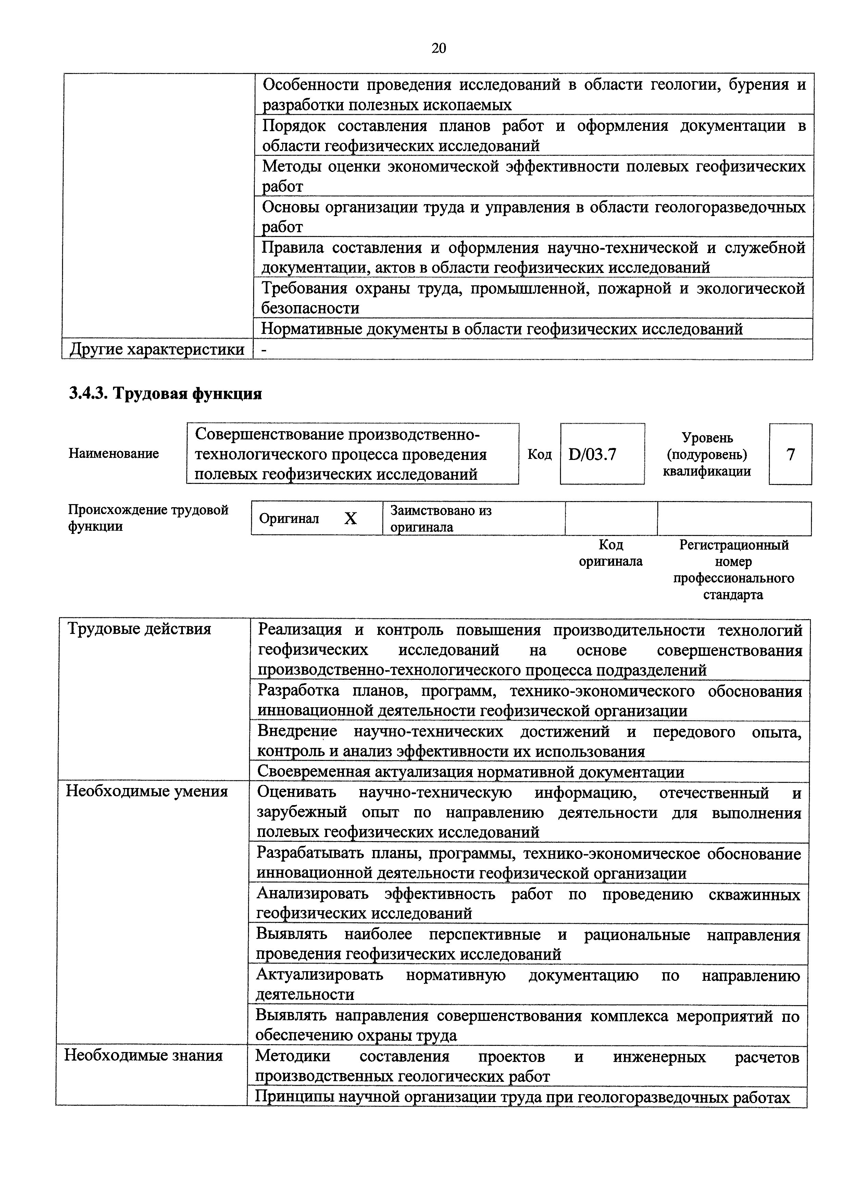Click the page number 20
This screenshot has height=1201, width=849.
(x=438, y=49)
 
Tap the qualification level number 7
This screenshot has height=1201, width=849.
(x=790, y=454)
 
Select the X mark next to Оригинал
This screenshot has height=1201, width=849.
(x=350, y=519)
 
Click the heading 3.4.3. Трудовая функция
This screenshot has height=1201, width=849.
(x=165, y=393)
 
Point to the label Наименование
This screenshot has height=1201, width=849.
(x=113, y=453)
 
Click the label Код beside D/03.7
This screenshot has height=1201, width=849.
(x=539, y=454)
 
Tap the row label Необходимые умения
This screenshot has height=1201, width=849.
(x=147, y=791)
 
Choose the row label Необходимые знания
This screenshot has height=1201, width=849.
(x=143, y=1055)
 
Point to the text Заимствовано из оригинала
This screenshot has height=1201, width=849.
(x=441, y=519)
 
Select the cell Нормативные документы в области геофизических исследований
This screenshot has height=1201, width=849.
(x=502, y=329)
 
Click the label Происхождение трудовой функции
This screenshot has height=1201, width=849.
(x=149, y=518)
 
